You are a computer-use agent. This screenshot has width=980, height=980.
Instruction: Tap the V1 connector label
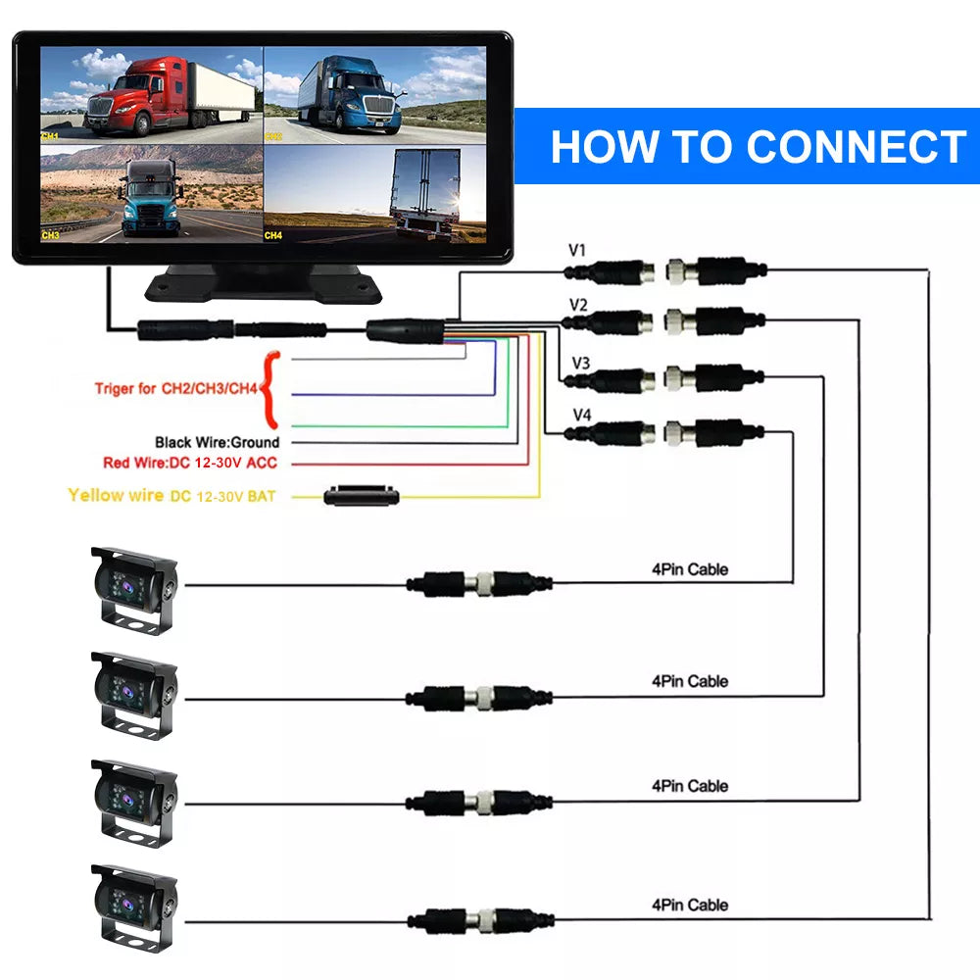[x=577, y=251]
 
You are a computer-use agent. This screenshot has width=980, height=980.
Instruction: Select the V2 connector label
[x=578, y=306]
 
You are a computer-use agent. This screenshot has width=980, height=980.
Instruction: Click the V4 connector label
[x=581, y=415]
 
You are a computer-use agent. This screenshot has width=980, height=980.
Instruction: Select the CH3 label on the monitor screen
[x=51, y=235]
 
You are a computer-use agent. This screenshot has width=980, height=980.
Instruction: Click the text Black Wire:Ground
[x=217, y=443]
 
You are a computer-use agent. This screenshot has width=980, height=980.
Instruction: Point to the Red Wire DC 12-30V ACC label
[x=190, y=463]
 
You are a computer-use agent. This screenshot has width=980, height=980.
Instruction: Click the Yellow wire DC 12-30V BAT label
[x=171, y=496]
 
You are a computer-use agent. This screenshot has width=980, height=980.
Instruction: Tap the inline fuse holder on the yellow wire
[x=362, y=496]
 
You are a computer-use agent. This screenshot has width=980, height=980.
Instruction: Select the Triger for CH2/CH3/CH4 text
[x=175, y=389]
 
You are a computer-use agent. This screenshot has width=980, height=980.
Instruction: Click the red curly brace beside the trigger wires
[x=271, y=388]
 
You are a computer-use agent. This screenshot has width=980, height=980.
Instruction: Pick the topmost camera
[x=135, y=588]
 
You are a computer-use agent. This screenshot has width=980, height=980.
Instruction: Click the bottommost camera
[x=135, y=906]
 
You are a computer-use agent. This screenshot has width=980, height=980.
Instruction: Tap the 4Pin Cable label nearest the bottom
[x=690, y=905]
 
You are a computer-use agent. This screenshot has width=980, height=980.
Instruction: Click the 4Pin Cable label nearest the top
[x=690, y=569]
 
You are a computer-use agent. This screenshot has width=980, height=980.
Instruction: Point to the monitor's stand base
[x=263, y=283]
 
